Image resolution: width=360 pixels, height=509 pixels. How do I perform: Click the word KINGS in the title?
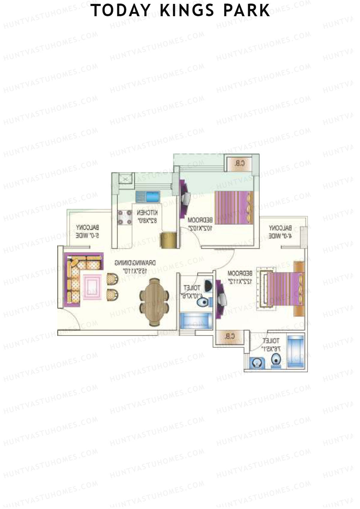pyautogui.click(x=187, y=10)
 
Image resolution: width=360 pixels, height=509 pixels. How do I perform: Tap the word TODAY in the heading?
pyautogui.click(x=121, y=10)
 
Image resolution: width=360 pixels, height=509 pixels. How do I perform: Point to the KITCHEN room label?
pyautogui.click(x=147, y=217)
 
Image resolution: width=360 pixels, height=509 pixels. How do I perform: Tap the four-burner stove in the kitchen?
pyautogui.click(x=125, y=217)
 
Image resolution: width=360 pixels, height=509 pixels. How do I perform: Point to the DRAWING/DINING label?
pyautogui.click(x=135, y=267)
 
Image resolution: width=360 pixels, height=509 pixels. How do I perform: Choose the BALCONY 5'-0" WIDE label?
pyautogui.click(x=87, y=232)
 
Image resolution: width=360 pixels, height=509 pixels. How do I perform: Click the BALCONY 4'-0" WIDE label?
pyautogui.click(x=280, y=232)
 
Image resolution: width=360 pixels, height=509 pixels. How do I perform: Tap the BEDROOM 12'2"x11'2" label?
pyautogui.click(x=240, y=277)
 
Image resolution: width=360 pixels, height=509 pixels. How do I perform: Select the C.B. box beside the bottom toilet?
pyautogui.click(x=229, y=337)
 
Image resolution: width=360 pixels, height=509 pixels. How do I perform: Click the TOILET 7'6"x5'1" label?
pyautogui.click(x=271, y=345)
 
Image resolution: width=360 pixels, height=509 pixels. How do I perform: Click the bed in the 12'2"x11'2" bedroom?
pyautogui.click(x=283, y=289)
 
